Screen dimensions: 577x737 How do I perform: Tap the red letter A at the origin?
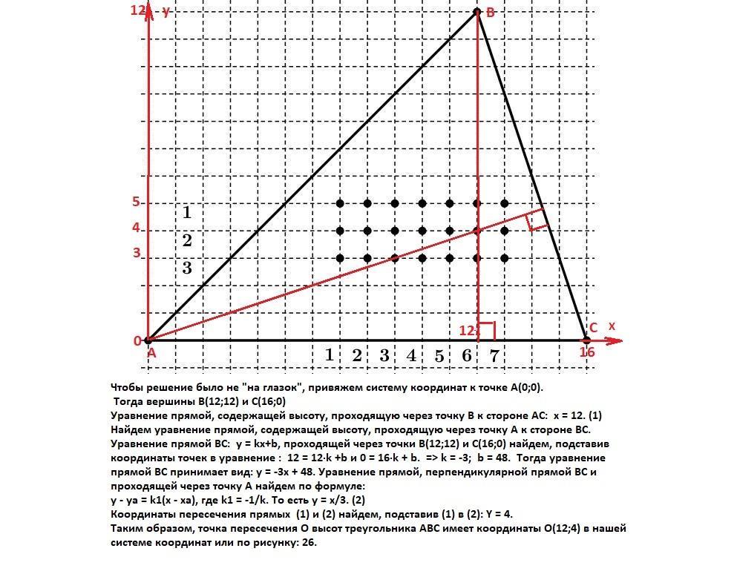point(151,354)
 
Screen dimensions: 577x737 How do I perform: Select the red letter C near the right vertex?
point(593,328)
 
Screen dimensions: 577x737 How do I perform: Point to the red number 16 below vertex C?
point(586,352)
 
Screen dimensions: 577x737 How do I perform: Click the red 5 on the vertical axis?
point(137,202)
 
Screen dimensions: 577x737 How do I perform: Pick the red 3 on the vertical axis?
point(137,253)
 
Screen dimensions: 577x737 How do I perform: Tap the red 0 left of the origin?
point(137,341)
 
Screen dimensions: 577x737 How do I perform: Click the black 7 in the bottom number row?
point(494,356)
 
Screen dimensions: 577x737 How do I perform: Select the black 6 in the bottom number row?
point(466,356)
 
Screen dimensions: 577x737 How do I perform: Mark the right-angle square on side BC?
point(537,220)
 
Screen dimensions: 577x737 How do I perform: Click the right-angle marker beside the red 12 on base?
point(487,330)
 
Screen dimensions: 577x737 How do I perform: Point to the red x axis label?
point(612,326)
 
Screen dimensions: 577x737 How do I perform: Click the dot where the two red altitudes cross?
point(477,231)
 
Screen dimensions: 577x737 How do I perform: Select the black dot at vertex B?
point(477,11)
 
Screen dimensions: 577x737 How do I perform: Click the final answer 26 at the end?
point(311,542)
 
